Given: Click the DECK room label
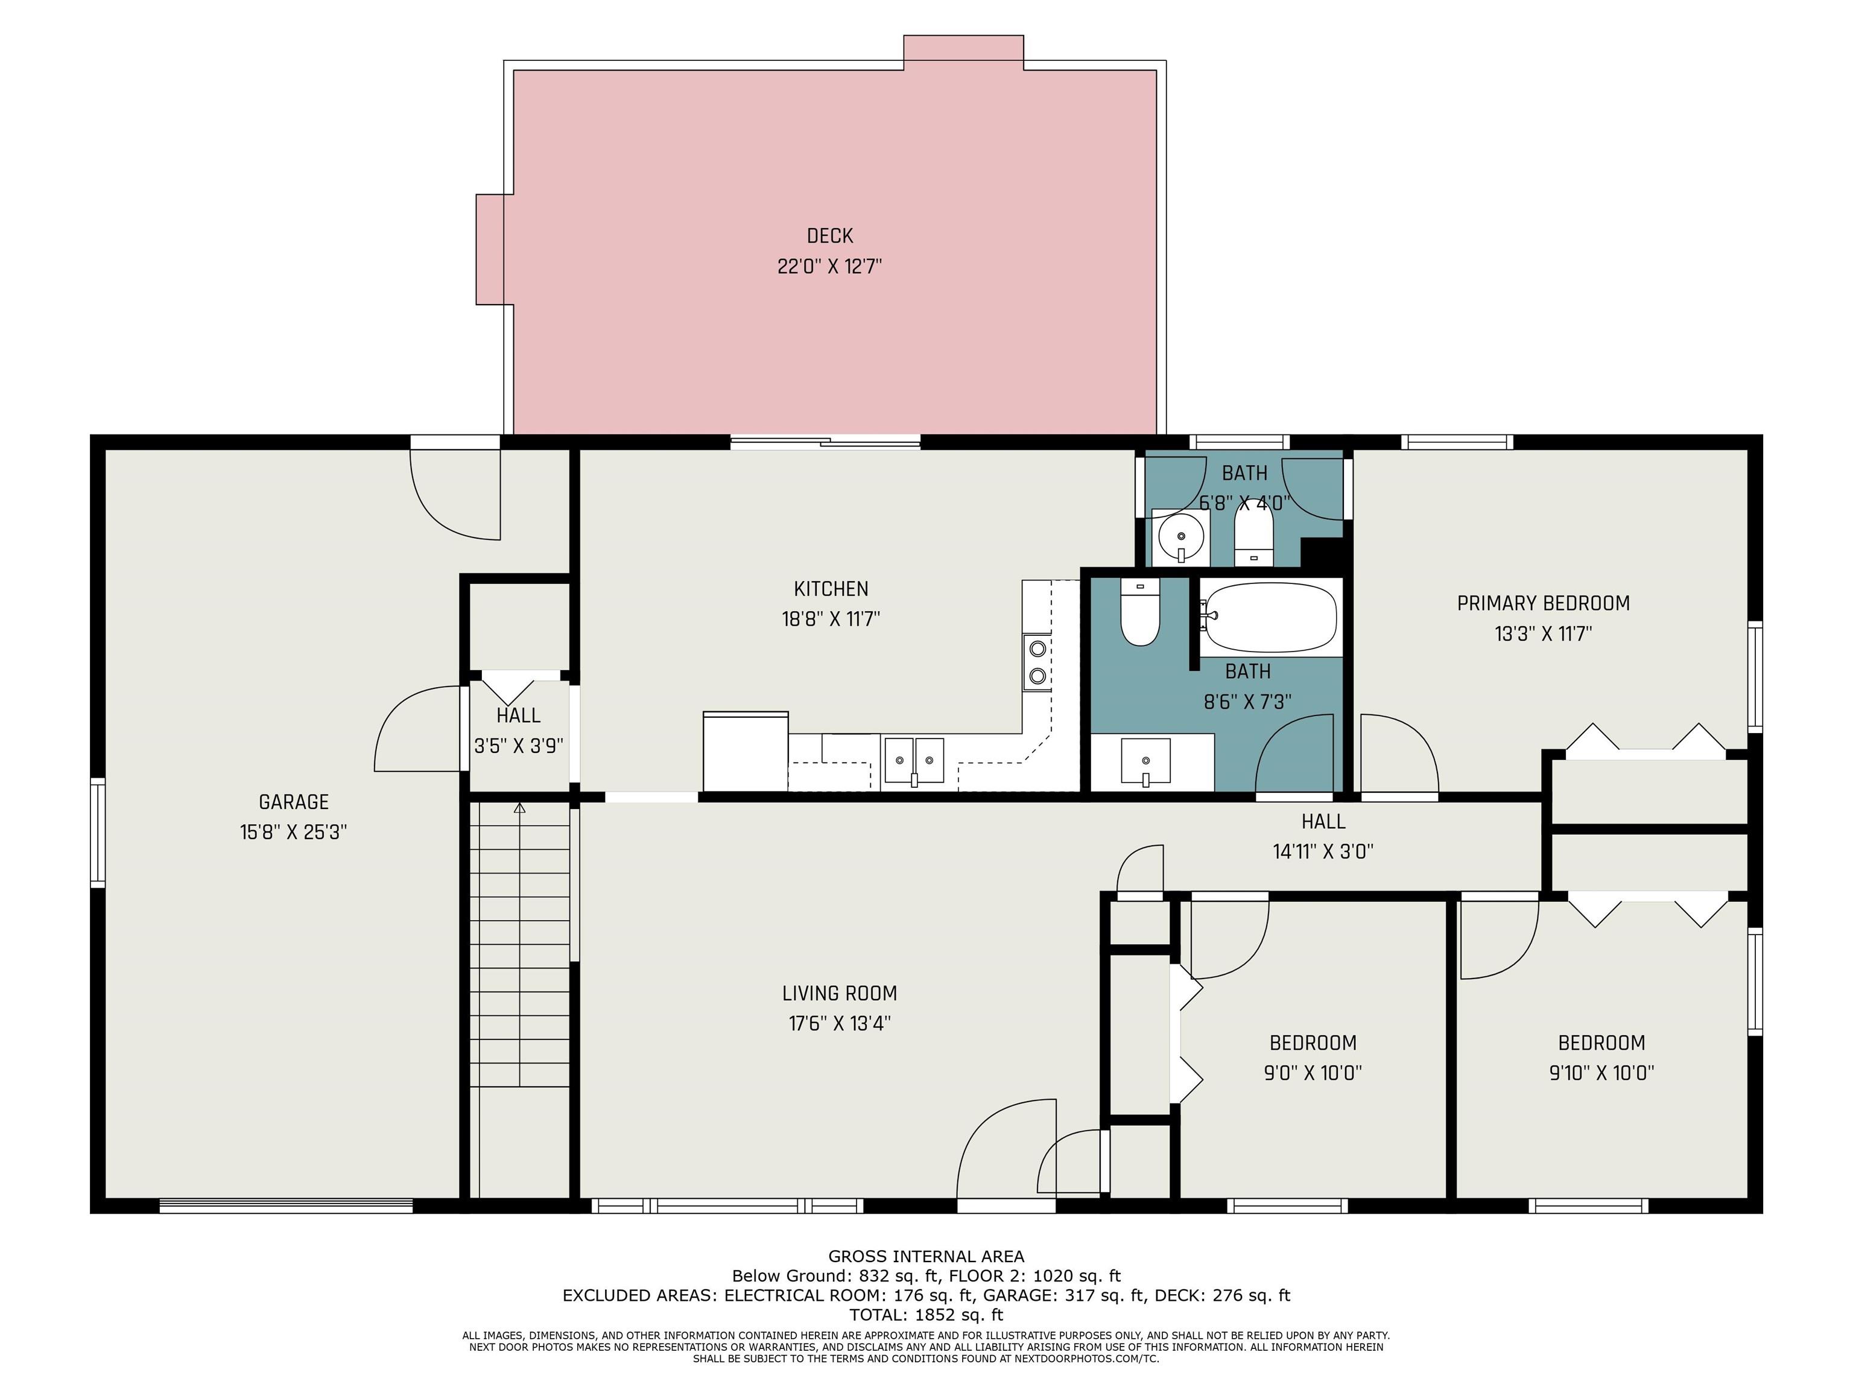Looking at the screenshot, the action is pyautogui.click(x=829, y=236).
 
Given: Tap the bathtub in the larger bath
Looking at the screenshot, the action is pyautogui.click(x=1270, y=618).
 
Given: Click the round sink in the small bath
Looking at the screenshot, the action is pyautogui.click(x=1181, y=536).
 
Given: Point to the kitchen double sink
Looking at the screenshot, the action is pyautogui.click(x=914, y=761).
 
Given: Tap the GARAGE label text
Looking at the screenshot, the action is pyautogui.click(x=293, y=802).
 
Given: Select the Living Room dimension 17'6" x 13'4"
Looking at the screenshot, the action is pyautogui.click(x=840, y=1023).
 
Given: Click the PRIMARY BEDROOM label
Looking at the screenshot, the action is pyautogui.click(x=1543, y=603).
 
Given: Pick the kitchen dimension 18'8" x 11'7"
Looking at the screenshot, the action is pyautogui.click(x=830, y=619).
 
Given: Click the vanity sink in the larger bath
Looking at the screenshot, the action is pyautogui.click(x=1145, y=761).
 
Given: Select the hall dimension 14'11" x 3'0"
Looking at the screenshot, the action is pyautogui.click(x=1323, y=852).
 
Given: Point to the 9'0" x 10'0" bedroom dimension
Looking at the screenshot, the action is pyautogui.click(x=1313, y=1073).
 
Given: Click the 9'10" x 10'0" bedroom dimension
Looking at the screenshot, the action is pyautogui.click(x=1601, y=1073).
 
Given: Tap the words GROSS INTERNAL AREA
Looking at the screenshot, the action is pyautogui.click(x=926, y=1256).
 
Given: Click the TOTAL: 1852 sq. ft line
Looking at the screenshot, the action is pyautogui.click(x=926, y=1315).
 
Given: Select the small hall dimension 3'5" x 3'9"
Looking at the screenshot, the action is pyautogui.click(x=519, y=746).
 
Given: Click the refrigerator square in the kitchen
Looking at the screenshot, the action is pyautogui.click(x=746, y=752).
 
